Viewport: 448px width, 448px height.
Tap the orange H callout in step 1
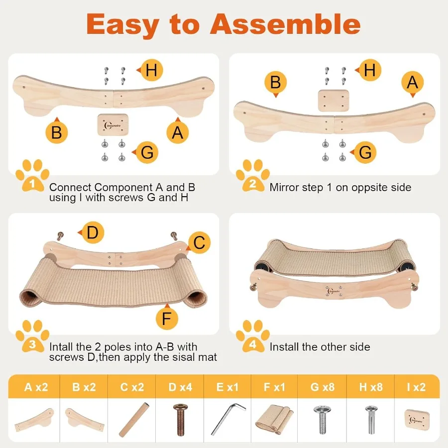pyautogui.click(x=151, y=71)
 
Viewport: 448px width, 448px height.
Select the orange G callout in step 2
pyautogui.click(x=365, y=152)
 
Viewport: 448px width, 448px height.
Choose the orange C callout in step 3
pyautogui.click(x=199, y=243)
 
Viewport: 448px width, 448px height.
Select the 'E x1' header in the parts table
pyautogui.click(x=226, y=387)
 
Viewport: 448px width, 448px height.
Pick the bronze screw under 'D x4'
pyautogui.click(x=179, y=419)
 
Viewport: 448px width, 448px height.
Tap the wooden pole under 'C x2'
pyautogui.click(x=131, y=419)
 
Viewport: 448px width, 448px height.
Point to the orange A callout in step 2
pyautogui.click(x=412, y=82)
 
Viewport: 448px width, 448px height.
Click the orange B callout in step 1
pyautogui.click(x=56, y=132)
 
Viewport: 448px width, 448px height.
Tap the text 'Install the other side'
pyautogui.click(x=320, y=347)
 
